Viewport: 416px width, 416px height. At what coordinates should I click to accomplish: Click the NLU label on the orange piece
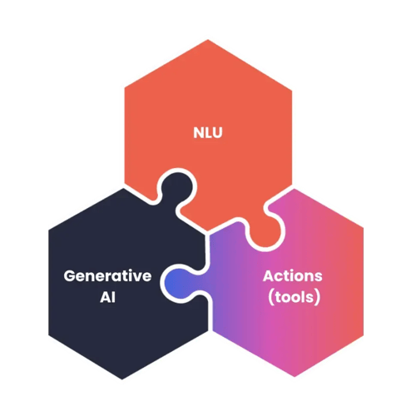(x=208, y=132)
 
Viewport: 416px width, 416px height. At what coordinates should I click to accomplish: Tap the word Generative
(x=107, y=276)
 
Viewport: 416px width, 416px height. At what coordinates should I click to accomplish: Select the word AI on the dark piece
(x=107, y=297)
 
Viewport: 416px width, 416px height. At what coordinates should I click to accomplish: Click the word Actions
(x=293, y=276)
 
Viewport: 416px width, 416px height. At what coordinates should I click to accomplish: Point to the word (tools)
(x=294, y=297)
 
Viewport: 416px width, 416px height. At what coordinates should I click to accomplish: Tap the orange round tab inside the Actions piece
(x=265, y=230)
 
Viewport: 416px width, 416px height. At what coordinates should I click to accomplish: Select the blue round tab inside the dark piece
(x=180, y=284)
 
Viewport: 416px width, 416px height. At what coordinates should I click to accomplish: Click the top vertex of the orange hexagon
(x=208, y=40)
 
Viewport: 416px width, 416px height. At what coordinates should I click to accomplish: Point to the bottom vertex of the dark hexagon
(x=122, y=379)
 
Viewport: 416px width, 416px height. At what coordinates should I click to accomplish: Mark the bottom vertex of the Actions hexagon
(x=295, y=377)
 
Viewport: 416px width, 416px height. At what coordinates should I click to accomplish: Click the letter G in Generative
(x=70, y=276)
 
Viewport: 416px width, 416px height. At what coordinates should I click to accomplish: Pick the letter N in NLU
(x=199, y=132)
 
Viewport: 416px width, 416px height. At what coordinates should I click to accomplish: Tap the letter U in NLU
(x=217, y=132)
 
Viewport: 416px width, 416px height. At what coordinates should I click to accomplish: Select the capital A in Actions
(x=269, y=276)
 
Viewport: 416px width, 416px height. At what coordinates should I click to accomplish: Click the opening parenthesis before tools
(x=270, y=298)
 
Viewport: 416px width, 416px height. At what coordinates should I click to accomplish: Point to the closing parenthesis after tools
(x=318, y=298)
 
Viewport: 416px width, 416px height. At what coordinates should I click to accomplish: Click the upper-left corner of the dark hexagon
(x=49, y=230)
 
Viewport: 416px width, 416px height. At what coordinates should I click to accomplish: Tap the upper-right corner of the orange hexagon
(x=292, y=90)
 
